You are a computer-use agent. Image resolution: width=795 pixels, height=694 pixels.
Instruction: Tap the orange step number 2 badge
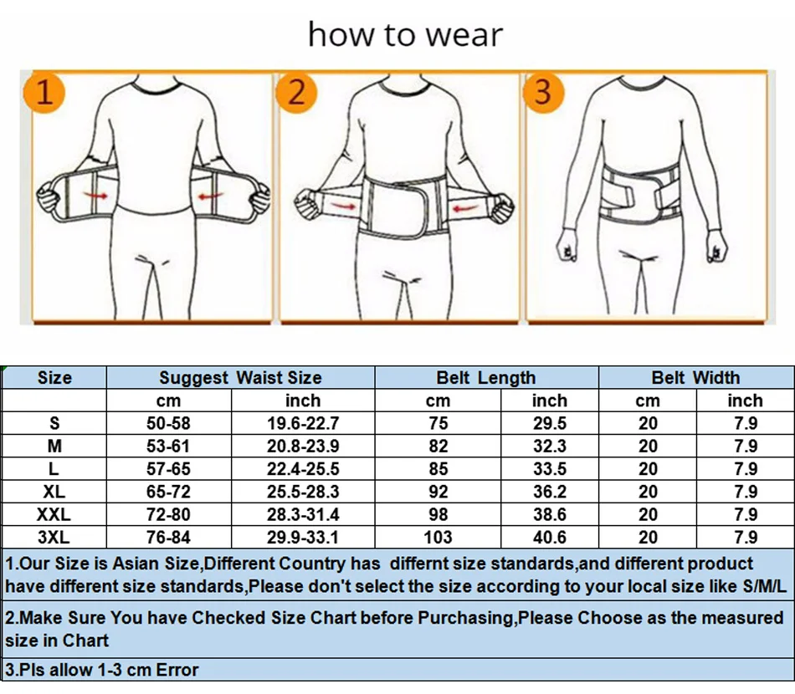296,91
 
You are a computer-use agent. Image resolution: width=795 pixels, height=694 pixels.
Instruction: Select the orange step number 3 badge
543,91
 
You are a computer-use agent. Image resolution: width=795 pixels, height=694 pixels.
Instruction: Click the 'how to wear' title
405,34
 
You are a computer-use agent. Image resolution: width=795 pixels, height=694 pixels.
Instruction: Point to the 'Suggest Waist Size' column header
240,378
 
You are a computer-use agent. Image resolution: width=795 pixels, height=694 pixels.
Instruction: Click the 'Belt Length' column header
485,378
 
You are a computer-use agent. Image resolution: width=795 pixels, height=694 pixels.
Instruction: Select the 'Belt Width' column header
695,378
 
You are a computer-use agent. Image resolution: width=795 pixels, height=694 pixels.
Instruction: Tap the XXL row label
54,515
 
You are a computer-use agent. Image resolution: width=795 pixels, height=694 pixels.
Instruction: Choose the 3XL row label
54,538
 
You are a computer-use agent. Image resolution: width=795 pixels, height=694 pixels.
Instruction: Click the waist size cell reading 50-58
168,424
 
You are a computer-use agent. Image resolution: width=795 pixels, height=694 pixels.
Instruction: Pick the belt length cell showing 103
438,538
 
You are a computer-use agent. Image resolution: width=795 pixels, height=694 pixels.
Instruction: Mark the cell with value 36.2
549,492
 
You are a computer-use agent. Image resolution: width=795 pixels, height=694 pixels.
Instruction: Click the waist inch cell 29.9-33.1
302,538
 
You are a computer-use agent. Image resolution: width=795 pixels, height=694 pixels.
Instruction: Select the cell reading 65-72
168,492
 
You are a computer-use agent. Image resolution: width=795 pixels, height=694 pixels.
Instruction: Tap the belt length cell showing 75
438,424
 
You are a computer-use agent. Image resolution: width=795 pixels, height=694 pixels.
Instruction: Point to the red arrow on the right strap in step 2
461,206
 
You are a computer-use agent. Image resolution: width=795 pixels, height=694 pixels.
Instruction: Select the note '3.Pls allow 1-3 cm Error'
102,670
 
